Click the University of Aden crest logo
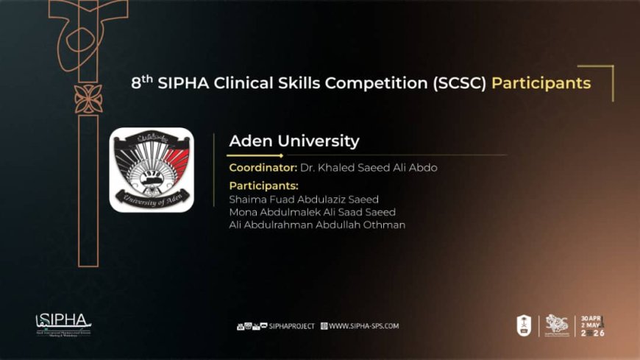tap(151, 170)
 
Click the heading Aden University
tap(294, 141)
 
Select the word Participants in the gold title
tap(541, 83)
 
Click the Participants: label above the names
tap(263, 186)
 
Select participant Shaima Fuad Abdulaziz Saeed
tap(303, 199)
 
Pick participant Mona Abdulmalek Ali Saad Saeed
tap(312, 212)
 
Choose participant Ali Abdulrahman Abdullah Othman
tap(317, 225)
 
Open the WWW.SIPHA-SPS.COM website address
tap(363, 325)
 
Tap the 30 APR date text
tap(591, 319)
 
